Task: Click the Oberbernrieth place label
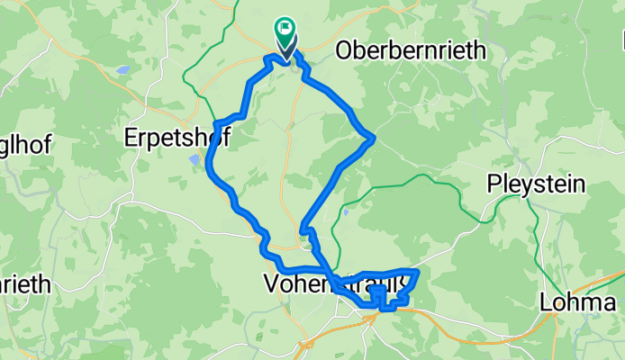coord(410,51)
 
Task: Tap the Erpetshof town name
coord(177,138)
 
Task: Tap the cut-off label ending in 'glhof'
coord(25,144)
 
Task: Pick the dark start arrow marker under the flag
coord(286,54)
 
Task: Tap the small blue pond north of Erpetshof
coord(121,68)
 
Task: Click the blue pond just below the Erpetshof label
coord(196,160)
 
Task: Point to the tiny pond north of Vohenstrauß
coord(346,213)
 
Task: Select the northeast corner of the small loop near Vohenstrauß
coord(416,271)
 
